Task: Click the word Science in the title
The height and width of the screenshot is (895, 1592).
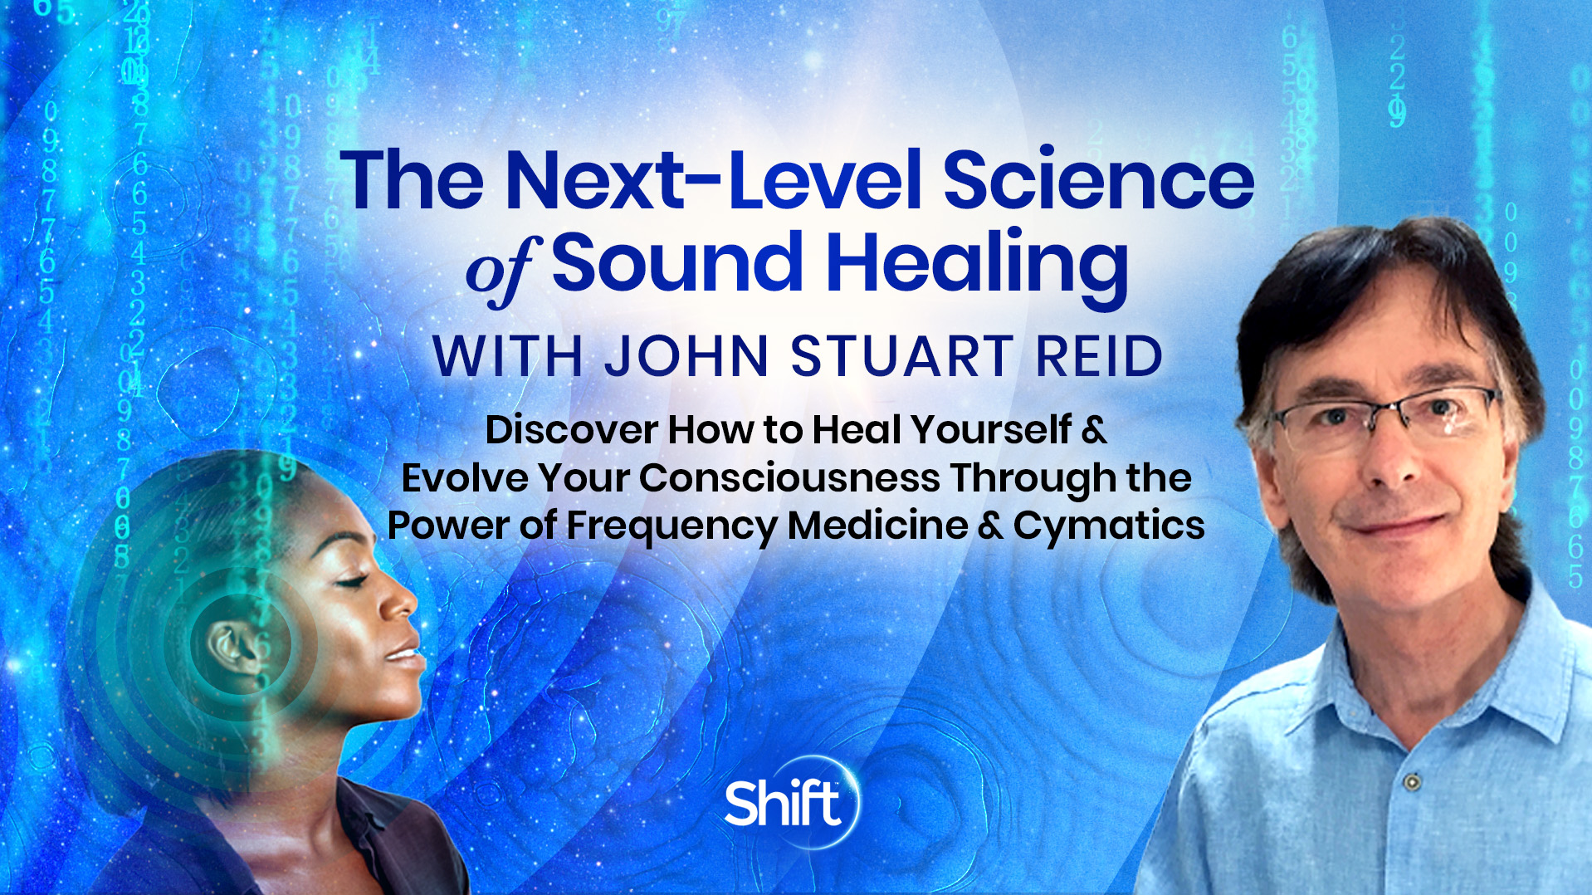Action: pyautogui.click(x=1097, y=180)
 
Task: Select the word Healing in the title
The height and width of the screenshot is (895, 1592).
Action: pyautogui.click(x=977, y=264)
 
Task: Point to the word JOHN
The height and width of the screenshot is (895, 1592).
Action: pyautogui.click(x=686, y=357)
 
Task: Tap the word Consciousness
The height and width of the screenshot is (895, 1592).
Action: pyautogui.click(x=789, y=478)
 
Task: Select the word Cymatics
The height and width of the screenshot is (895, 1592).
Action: pyautogui.click(x=1109, y=526)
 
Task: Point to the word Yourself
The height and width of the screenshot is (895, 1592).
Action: pyautogui.click(x=991, y=430)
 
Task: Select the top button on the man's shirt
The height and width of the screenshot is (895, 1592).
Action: pyautogui.click(x=1410, y=781)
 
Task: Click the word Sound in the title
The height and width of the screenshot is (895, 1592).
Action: pyautogui.click(x=677, y=264)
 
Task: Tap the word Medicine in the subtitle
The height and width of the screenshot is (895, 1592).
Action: pyautogui.click(x=877, y=526)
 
